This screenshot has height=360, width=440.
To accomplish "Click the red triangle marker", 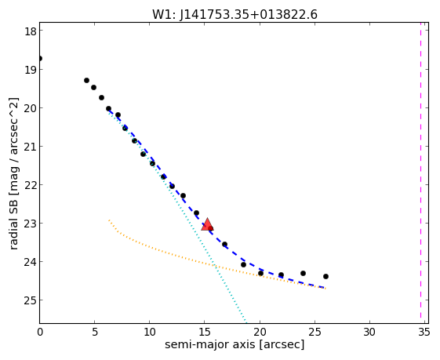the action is tap(207, 224).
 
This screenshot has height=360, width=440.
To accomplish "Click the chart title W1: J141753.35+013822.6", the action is tap(235, 15).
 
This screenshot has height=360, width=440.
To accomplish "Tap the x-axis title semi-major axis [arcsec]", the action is tap(235, 344).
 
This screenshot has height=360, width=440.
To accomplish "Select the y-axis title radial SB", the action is tap(13, 223).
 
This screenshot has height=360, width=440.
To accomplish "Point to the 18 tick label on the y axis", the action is tap(31, 31).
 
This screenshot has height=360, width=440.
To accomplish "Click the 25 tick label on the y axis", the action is tap(31, 300).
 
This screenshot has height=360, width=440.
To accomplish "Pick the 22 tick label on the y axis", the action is tap(31, 185).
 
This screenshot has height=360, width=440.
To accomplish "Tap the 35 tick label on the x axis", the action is tap(424, 333).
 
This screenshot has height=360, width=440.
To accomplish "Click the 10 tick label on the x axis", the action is tap(149, 333).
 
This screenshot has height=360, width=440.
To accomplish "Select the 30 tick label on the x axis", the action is tap(369, 333).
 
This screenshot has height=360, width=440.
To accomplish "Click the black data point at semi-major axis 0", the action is tap(40, 58).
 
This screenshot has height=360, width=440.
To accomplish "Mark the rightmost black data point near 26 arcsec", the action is tap(325, 276).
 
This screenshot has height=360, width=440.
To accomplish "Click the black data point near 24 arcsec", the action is tap(303, 273).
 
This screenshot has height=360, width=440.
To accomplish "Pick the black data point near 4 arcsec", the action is tap(86, 81).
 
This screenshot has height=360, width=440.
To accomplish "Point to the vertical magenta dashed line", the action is tap(420, 170).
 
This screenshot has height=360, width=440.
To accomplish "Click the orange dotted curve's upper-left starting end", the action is tap(109, 220).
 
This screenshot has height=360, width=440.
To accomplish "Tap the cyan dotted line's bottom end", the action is tap(245, 322).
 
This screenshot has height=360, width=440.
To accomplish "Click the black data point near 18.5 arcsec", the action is tap(243, 264).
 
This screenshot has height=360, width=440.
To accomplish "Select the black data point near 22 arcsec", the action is tap(281, 275).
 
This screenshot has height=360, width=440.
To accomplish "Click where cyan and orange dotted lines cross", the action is tap(214, 265).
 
